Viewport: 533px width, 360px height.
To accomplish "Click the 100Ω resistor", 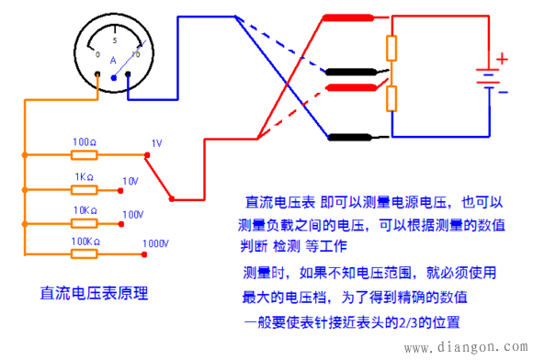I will coord(85,155).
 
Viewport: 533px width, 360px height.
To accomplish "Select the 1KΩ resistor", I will coord(85,189).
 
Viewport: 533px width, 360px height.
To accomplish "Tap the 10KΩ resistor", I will coord(85,221).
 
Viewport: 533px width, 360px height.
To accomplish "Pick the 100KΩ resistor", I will coord(85,253).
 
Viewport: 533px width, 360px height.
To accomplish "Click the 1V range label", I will coord(155,144).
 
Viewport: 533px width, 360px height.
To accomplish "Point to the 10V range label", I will coord(130,180).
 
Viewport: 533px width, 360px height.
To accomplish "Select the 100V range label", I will coord(132,214).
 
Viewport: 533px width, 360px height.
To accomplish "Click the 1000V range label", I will coord(155,244).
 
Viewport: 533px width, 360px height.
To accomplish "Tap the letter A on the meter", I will coord(112,61).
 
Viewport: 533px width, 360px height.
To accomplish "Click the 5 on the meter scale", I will coord(114,41).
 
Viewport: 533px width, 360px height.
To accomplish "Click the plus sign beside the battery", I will coord(502,59).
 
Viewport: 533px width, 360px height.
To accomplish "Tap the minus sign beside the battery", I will coord(502,92).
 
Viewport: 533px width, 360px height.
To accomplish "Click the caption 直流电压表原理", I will coord(95,294).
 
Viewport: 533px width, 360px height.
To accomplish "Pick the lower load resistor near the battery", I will coord(391,97).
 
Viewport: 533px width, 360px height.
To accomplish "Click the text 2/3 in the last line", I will coord(414,323).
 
